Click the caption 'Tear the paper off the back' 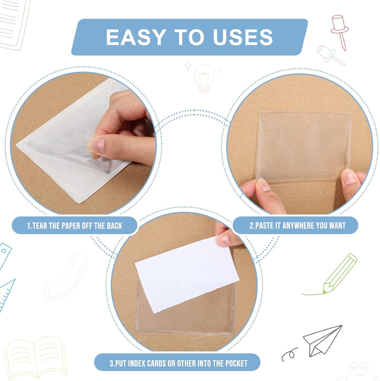pos(74,226)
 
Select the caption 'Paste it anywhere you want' pos(297,225)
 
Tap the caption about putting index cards pos(178,363)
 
